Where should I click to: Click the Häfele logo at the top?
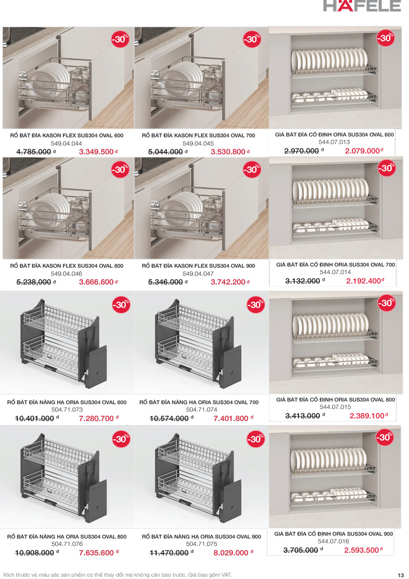point(362,6)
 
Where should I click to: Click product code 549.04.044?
point(67,143)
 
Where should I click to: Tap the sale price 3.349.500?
point(96,152)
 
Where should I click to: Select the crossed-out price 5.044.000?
point(166,152)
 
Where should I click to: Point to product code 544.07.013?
point(335,142)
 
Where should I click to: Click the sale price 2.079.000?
point(362,151)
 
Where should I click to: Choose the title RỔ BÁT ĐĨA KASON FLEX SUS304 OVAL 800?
point(67,266)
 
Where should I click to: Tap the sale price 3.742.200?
point(228,282)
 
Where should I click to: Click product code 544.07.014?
point(335,272)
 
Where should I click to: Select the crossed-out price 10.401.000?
point(35,418)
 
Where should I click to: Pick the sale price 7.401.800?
point(231,418)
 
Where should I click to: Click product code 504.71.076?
point(67,544)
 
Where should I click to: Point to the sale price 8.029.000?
point(231,553)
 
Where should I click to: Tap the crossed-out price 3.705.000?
point(300,550)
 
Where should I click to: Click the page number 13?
point(401,575)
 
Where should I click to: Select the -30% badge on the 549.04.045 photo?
point(252,39)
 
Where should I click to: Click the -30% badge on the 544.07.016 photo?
point(385,437)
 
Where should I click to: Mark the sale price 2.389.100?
point(367,416)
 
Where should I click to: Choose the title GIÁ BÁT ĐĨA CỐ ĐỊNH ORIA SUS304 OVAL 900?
point(334,534)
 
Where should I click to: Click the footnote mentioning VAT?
point(118,575)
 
